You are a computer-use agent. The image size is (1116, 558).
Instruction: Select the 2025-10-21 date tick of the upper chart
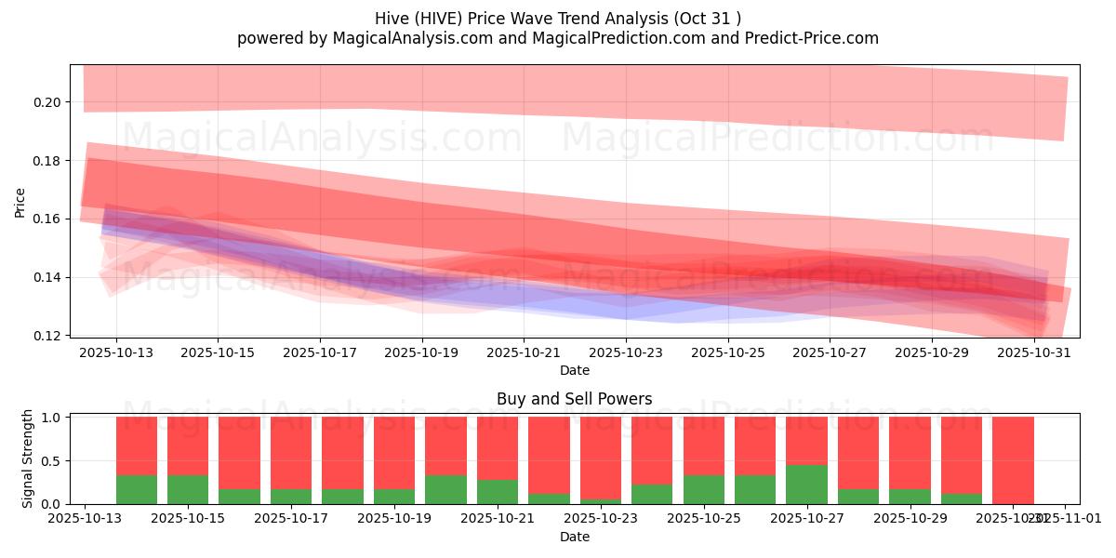524,353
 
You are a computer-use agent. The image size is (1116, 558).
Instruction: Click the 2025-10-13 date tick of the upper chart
116,353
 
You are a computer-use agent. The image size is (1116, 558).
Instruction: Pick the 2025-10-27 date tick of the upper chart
830,353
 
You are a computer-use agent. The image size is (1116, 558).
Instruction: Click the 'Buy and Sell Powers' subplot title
574,399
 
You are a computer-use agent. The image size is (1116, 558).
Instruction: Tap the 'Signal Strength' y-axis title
28,458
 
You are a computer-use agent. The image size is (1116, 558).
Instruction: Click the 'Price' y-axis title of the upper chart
20,201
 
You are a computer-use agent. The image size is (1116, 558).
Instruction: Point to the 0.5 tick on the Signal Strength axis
54,460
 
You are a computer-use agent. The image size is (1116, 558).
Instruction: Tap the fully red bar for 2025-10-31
1013,460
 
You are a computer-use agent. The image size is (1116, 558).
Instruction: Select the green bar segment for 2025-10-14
137,490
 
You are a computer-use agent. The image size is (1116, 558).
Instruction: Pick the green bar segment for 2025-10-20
445,490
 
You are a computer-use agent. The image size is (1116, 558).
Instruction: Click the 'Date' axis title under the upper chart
574,370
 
